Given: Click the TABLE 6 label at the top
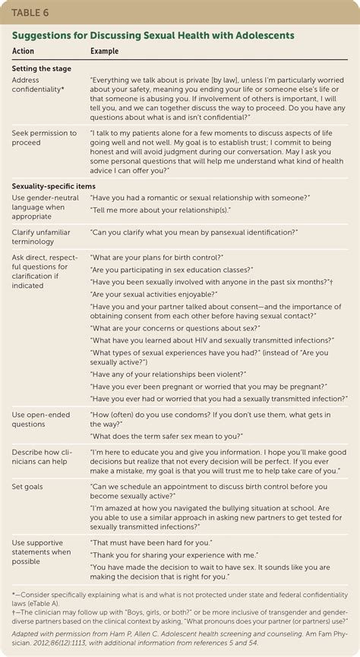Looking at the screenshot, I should tap(31, 12).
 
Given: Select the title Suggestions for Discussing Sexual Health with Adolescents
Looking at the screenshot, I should tap(152, 35).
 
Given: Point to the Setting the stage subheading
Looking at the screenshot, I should tap(42, 68).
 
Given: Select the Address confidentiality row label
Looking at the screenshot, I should tap(38, 84).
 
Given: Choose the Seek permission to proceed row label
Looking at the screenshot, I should tap(44, 138).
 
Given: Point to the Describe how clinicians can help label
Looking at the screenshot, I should tap(44, 457).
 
